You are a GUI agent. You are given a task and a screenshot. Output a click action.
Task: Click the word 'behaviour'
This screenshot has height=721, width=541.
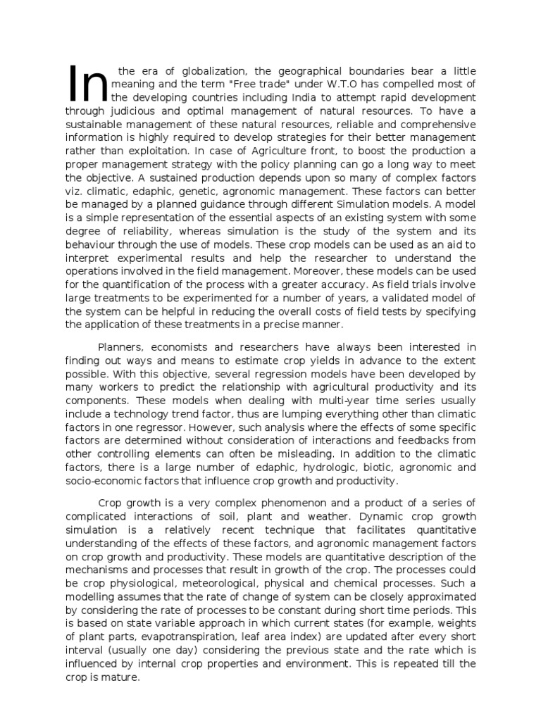coord(91,244)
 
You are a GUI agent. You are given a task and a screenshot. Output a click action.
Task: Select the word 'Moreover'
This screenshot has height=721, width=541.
coord(316,270)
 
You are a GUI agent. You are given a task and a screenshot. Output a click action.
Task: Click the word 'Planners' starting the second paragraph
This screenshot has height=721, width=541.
coord(120,348)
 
